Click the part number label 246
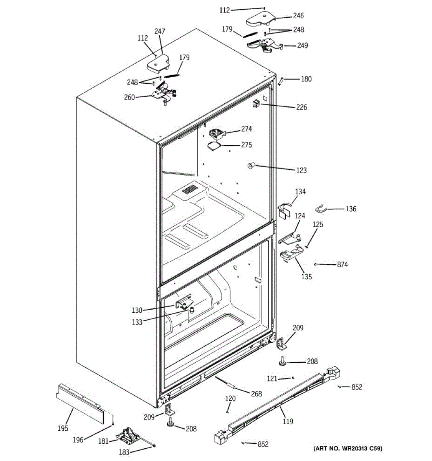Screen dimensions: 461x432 (298, 16)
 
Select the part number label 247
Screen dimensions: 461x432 (159, 32)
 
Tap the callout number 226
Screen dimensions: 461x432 (301, 107)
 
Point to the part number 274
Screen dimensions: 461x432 (246, 129)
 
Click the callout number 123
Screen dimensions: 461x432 (301, 170)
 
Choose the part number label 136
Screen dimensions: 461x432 (351, 209)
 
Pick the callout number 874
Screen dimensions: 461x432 (342, 264)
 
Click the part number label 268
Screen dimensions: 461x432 (256, 394)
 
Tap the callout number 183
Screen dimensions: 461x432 (124, 452)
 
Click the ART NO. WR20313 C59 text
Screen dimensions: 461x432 (348, 448)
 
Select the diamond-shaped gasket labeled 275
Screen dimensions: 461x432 (214, 145)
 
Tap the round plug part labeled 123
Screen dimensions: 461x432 (252, 166)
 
